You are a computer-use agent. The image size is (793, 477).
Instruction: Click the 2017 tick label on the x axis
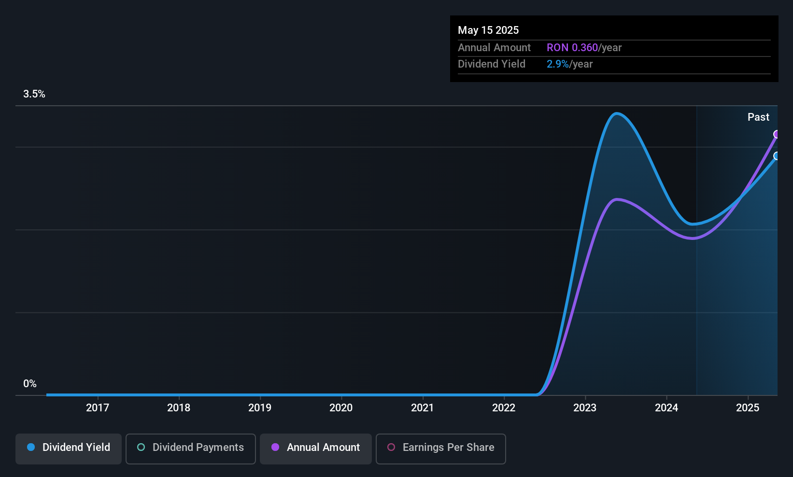point(98,407)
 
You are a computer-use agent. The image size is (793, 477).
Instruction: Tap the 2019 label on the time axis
point(260,407)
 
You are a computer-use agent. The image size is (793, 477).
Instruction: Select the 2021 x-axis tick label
point(422,407)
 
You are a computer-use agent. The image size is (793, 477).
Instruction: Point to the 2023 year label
point(585,407)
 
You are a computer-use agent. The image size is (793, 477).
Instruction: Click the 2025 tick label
point(747,407)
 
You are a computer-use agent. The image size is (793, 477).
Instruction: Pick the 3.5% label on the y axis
point(34,94)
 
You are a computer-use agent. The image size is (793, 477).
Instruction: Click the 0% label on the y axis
point(30,384)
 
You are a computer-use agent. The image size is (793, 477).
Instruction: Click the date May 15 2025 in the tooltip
point(488,30)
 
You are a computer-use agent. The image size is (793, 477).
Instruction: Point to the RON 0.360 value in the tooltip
point(572,48)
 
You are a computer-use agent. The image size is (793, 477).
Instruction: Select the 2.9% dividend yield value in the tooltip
point(558,64)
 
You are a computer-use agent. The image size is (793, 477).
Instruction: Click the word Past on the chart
point(758,117)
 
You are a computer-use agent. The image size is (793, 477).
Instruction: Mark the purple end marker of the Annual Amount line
point(777,134)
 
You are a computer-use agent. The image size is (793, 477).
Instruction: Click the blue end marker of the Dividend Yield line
point(777,156)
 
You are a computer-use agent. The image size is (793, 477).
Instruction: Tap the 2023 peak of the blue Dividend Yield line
point(617,114)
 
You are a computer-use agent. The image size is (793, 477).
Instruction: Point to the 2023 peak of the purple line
point(617,199)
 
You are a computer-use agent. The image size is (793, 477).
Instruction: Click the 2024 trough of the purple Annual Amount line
point(693,238)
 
